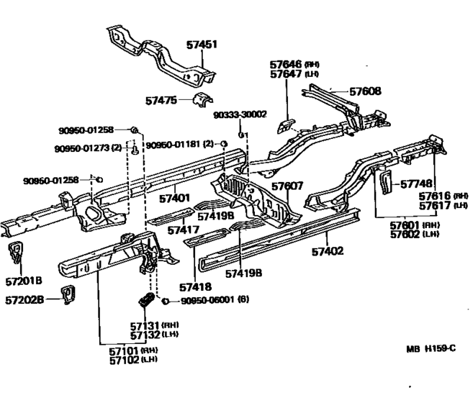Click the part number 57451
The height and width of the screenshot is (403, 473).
[x=202, y=45]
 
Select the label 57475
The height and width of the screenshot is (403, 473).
[x=161, y=101]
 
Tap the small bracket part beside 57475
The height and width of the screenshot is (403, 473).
[x=202, y=99]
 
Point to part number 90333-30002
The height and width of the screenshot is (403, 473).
[x=240, y=114]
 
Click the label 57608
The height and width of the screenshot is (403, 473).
[x=365, y=91]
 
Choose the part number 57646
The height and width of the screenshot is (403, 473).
[x=286, y=64]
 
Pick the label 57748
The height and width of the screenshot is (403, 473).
[x=416, y=184]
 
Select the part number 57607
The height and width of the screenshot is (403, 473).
[x=287, y=186]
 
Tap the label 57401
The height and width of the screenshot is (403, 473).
[x=174, y=199]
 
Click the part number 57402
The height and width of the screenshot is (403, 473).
[x=328, y=251]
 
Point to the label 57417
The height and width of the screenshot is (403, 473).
[x=184, y=230]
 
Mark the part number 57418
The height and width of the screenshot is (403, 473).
[x=196, y=287]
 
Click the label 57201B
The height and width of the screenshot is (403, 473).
[x=24, y=281]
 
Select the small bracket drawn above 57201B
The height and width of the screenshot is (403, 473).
[x=15, y=252]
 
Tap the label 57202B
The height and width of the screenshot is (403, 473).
[x=24, y=300]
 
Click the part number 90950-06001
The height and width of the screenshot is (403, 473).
[x=207, y=300]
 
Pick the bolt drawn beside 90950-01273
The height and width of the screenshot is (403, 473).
[x=135, y=150]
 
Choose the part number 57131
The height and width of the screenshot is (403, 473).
[x=145, y=326]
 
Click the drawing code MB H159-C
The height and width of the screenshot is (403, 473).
[x=431, y=349]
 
